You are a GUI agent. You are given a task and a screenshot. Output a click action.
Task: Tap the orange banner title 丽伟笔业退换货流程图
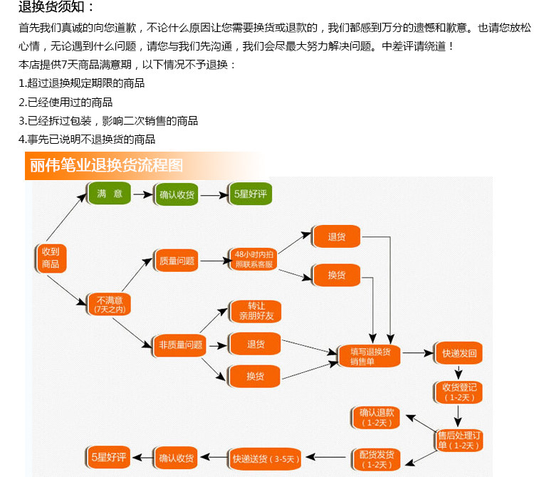[x=107, y=165]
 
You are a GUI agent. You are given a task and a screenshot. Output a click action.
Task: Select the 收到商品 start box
[x=50, y=258]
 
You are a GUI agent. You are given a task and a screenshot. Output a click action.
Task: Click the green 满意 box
[x=110, y=194]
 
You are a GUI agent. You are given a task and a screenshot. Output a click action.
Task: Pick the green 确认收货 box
[x=177, y=194]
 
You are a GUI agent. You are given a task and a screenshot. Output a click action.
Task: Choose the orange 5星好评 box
[x=248, y=194]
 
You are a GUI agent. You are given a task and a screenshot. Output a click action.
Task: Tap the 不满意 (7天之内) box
[x=109, y=305]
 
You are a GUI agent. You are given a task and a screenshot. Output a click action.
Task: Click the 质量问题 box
[x=177, y=261]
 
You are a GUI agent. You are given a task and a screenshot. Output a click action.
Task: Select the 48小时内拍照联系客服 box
[x=253, y=259]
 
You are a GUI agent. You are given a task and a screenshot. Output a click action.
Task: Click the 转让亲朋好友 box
[x=256, y=310]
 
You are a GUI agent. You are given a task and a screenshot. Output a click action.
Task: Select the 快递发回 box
[x=459, y=353]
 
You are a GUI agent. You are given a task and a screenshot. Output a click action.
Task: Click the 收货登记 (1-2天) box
[x=459, y=392]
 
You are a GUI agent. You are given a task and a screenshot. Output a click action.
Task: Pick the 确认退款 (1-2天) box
[x=377, y=418]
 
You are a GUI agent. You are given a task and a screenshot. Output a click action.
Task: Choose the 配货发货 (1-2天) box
[x=377, y=458]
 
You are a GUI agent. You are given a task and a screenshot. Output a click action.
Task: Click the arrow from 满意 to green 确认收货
[x=143, y=194]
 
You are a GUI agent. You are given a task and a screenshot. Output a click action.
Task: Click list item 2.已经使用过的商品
[x=66, y=102]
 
